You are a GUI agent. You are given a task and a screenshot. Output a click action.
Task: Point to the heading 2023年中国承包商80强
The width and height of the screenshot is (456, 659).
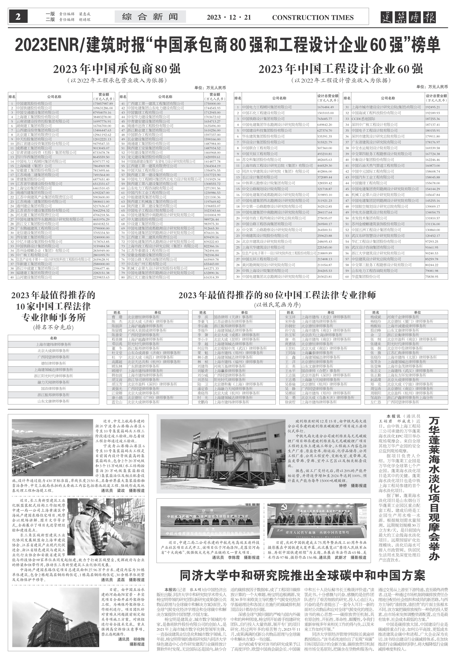[x=117, y=69]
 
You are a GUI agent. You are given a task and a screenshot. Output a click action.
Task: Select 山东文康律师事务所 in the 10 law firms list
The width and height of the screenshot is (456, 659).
[x=53, y=401]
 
